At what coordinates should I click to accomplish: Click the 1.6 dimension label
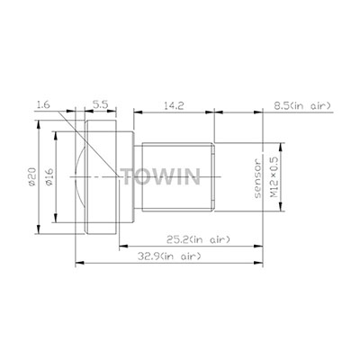pyautogui.click(x=43, y=105)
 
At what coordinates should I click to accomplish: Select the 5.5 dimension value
pyautogui.click(x=100, y=105)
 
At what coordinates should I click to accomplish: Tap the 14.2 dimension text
pyautogui.click(x=174, y=105)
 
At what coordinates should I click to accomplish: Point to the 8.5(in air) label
pyautogui.click(x=302, y=105)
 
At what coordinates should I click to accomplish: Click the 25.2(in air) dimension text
pyautogui.click(x=199, y=239)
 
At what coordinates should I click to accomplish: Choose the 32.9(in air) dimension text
pyautogui.click(x=169, y=256)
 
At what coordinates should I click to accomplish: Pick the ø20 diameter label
pyautogui.click(x=32, y=176)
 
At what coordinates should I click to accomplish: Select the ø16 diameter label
pyautogui.click(x=49, y=176)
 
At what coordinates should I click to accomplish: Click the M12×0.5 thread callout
pyautogui.click(x=275, y=177)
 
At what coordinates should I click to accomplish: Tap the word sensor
pyautogui.click(x=258, y=178)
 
